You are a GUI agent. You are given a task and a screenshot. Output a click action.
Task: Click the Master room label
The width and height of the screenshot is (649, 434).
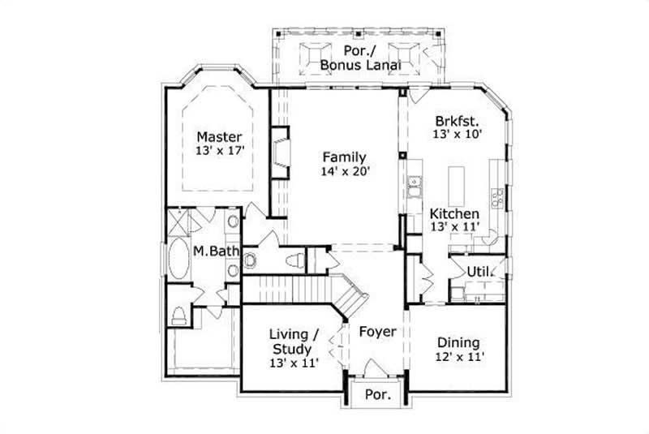coord(219,135)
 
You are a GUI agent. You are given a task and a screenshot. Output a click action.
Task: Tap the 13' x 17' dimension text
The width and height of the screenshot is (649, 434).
coord(219,151)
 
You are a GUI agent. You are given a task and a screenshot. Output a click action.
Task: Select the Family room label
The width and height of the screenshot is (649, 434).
coord(344,157)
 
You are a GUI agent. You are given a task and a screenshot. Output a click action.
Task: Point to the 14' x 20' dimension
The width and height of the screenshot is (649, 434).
coord(344,172)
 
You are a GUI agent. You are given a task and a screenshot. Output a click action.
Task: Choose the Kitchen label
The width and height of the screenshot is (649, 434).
coord(454,214)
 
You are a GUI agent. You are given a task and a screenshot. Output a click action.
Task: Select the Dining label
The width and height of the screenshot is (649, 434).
coord(458,342)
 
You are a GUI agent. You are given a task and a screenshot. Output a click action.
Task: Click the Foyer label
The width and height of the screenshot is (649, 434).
coord(377,332)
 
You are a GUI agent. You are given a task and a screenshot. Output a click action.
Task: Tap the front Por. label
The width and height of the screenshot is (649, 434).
coord(378,396)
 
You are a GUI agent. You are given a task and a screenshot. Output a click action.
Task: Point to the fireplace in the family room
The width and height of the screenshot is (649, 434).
coord(279,152)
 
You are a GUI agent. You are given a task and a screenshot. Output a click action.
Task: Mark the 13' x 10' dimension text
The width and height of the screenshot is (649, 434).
coord(458,132)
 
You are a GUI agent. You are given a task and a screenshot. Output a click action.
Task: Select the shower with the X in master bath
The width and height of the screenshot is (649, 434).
coord(179,221)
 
